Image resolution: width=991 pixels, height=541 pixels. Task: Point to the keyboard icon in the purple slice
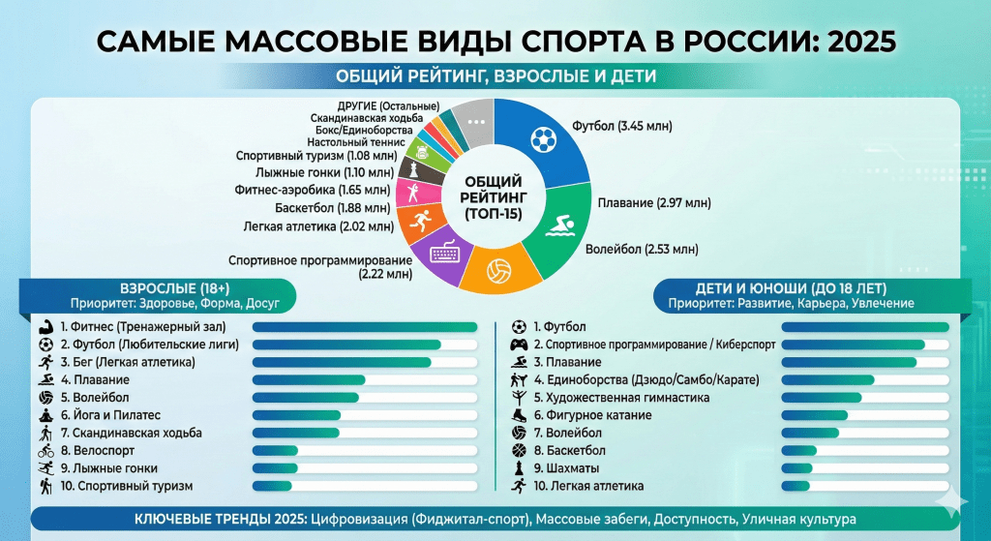coord(444,255)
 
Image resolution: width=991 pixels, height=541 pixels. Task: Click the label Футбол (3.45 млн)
coord(622,126)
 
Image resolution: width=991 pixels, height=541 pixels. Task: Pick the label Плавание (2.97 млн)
coord(654,203)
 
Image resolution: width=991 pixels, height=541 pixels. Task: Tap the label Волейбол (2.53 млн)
coord(642,249)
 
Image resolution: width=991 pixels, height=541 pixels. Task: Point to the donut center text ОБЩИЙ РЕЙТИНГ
coord(493,196)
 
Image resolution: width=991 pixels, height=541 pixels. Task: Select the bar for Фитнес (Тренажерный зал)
coord(364,327)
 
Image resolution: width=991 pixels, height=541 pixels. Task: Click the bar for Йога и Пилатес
coord(296,415)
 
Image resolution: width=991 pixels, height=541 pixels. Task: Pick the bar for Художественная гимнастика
coord(821,398)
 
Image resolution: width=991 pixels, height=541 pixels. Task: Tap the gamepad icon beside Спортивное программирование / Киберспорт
coord(519,346)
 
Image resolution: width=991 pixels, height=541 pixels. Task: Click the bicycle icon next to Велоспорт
coord(45,451)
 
